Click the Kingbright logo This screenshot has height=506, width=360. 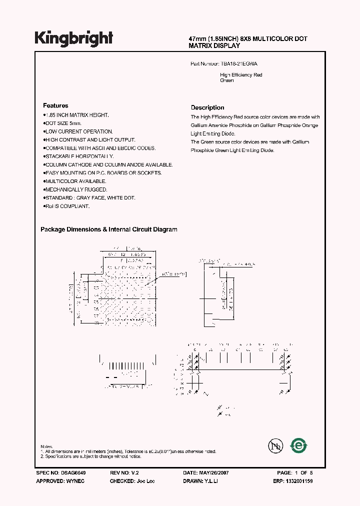(x=73, y=38)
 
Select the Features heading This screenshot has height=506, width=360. (x=55, y=105)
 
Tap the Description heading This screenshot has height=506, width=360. (x=207, y=107)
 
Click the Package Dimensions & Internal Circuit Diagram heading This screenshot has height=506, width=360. (x=108, y=229)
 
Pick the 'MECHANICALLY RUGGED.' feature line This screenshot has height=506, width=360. (x=76, y=189)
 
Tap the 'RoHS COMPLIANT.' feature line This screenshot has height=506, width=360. (x=67, y=206)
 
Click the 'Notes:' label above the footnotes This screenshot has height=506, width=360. (x=46, y=446)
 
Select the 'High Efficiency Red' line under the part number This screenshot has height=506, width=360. (x=241, y=75)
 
